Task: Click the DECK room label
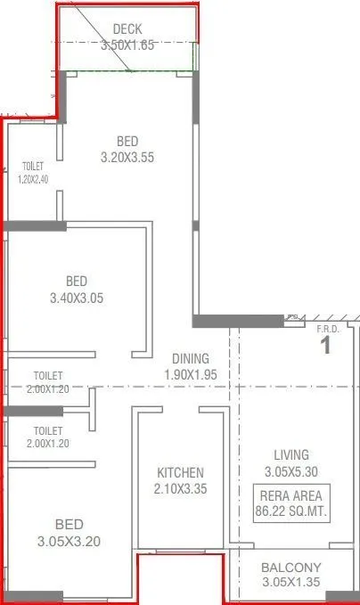[x=128, y=30]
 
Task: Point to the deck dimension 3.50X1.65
[x=128, y=45]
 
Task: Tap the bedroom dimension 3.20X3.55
[x=128, y=158]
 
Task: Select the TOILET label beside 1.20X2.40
[x=33, y=166]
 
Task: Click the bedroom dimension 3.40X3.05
[x=78, y=298]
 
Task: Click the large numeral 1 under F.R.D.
[x=326, y=345]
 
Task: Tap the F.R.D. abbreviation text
[x=328, y=329]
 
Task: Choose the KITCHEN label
[x=181, y=472]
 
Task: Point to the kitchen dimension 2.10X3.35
[x=181, y=489]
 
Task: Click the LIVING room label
[x=291, y=454]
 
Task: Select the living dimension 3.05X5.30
[x=291, y=471]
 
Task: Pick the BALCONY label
[x=291, y=568]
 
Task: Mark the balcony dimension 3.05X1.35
[x=291, y=584]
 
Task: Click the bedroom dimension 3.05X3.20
[x=70, y=541]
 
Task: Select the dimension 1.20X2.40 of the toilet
[x=34, y=179]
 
